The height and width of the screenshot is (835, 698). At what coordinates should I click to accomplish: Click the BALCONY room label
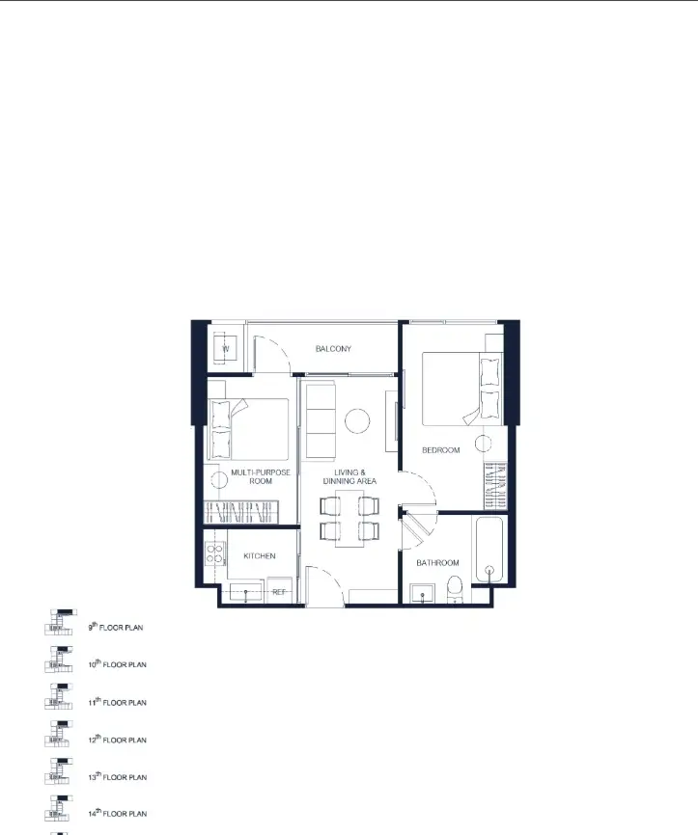(x=333, y=349)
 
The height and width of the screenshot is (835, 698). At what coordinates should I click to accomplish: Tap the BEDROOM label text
(x=441, y=450)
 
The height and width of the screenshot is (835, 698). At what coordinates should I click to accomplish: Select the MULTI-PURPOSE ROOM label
(x=261, y=476)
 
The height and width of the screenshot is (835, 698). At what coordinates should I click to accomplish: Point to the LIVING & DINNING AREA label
(x=349, y=476)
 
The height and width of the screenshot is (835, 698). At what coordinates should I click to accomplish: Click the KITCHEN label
(x=260, y=556)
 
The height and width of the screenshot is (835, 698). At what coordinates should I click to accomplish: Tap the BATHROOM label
(x=437, y=563)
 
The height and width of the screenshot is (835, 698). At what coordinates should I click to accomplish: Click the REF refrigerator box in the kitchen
(x=279, y=590)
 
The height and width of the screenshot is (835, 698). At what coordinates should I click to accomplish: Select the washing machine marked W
(x=226, y=349)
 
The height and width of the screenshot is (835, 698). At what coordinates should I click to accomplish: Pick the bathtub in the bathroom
(x=489, y=550)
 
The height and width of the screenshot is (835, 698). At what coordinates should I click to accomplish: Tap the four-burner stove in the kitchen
(x=215, y=553)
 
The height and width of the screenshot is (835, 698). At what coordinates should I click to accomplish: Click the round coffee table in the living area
(x=357, y=421)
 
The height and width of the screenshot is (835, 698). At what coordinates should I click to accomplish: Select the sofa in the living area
(x=321, y=421)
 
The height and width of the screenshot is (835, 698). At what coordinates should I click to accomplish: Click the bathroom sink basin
(x=422, y=594)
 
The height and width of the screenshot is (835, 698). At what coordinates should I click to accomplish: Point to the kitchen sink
(x=246, y=593)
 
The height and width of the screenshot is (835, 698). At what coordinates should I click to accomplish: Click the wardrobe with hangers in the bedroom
(x=495, y=486)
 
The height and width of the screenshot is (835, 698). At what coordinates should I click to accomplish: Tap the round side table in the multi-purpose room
(x=218, y=480)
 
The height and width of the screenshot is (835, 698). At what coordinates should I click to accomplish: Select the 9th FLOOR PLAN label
(x=116, y=627)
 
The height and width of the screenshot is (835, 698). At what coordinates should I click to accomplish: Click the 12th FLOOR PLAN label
(x=118, y=740)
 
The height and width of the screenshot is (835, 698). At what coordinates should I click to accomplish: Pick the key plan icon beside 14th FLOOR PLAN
(x=59, y=808)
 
